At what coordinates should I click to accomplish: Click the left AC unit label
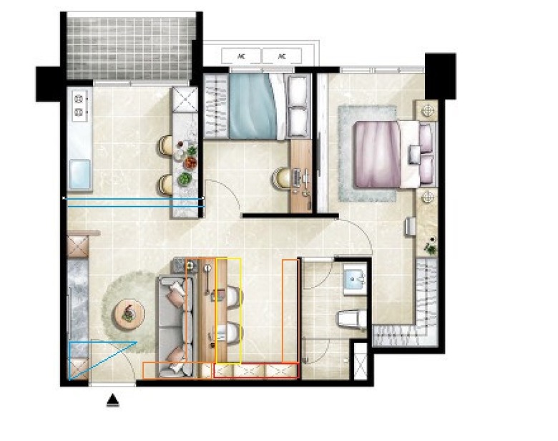[241, 57]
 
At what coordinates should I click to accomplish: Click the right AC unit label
[281, 57]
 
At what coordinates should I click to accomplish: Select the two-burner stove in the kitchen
[79, 105]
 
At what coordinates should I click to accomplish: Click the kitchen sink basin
[79, 174]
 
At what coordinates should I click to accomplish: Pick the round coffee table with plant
[129, 313]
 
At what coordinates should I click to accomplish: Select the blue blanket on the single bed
[253, 106]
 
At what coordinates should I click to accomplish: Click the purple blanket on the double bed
[377, 154]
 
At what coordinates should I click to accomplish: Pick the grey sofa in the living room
[176, 326]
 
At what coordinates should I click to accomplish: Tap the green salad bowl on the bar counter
[185, 178]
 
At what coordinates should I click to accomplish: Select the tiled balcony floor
[131, 48]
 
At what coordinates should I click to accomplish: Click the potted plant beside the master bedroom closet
[431, 246]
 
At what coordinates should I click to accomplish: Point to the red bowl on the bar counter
[190, 163]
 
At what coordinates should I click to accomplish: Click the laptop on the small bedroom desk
[296, 178]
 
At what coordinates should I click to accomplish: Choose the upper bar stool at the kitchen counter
[165, 145]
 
